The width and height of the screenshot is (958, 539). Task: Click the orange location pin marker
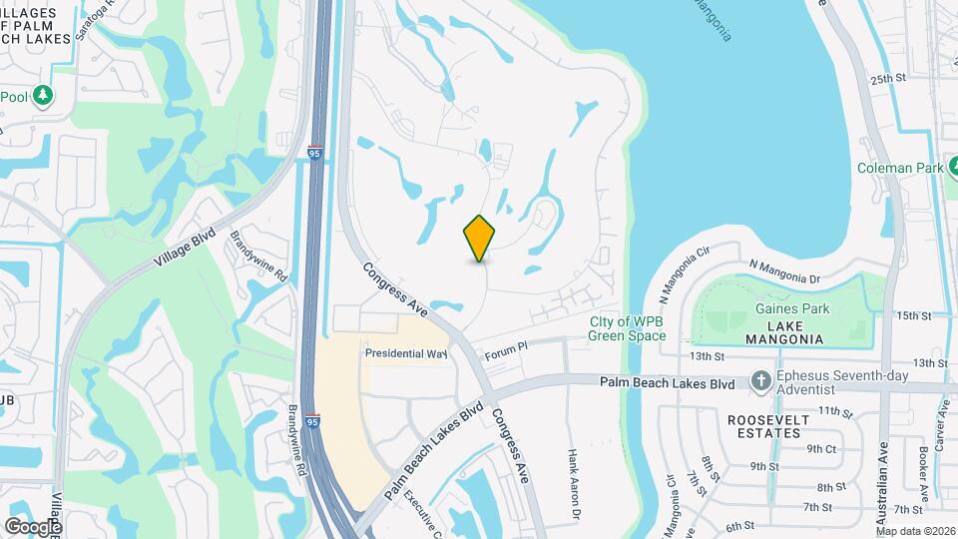click(x=480, y=238)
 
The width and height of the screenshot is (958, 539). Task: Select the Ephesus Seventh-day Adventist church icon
click(x=760, y=382)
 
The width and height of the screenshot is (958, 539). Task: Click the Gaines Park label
click(x=792, y=309)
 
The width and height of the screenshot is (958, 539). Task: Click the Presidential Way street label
click(x=406, y=353)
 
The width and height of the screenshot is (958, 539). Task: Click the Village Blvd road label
click(x=185, y=245)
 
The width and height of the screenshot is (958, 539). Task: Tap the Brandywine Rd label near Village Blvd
click(x=258, y=257)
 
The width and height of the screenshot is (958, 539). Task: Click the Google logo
click(x=33, y=526)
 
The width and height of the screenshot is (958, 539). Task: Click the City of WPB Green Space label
click(x=627, y=328)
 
